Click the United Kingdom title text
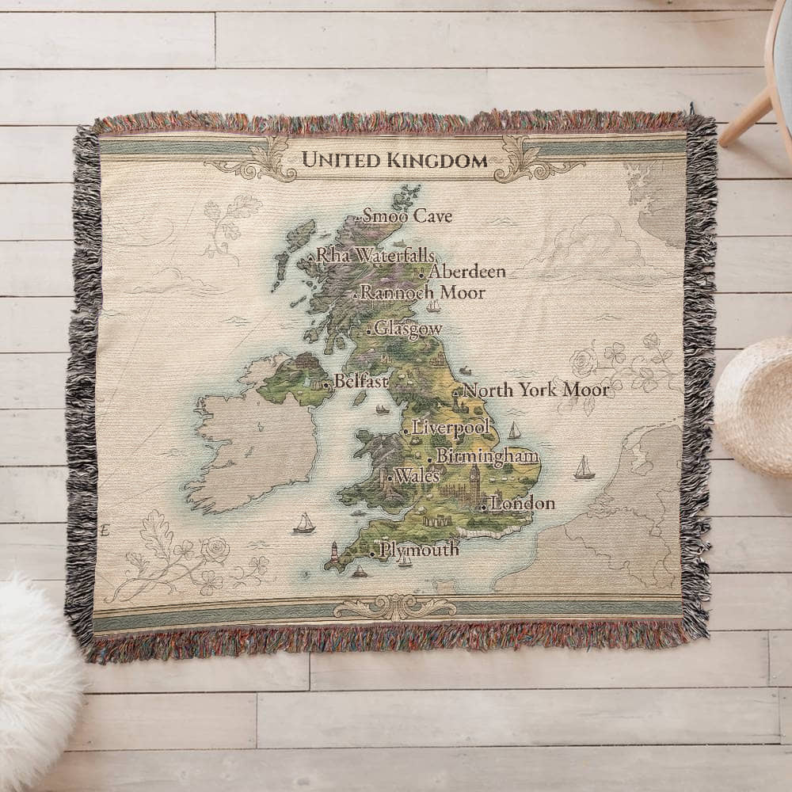[x=394, y=160]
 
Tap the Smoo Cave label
[x=406, y=215]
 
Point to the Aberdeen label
[x=466, y=272]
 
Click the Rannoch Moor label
[x=423, y=292]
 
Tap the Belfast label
[x=361, y=381]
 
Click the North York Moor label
[x=536, y=390]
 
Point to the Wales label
[x=417, y=476]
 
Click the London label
[x=523, y=503]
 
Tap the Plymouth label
[x=419, y=548]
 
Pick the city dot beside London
[x=484, y=505]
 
